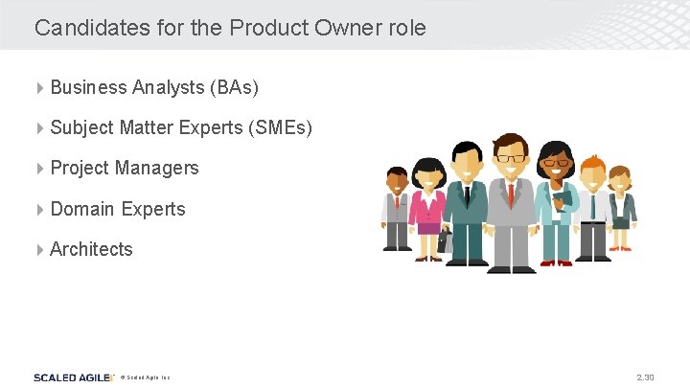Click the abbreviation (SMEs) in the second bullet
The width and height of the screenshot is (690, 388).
click(x=278, y=127)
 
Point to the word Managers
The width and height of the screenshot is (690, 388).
click(x=157, y=168)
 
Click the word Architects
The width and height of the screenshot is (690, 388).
click(x=91, y=249)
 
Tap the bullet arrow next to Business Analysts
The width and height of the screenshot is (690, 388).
click(x=39, y=87)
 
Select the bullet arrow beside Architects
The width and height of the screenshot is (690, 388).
click(x=39, y=249)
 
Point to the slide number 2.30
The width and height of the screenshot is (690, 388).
click(x=644, y=377)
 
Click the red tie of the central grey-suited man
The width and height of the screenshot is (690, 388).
click(x=511, y=195)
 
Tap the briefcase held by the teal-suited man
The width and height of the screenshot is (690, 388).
click(x=445, y=240)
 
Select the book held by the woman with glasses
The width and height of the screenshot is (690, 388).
click(x=563, y=200)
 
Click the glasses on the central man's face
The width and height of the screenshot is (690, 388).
click(x=510, y=158)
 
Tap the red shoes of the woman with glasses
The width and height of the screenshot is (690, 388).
click(x=555, y=262)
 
